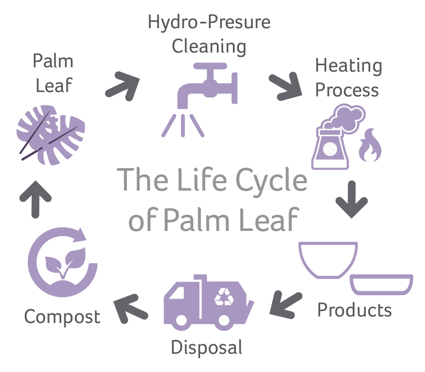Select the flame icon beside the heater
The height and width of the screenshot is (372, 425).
coord(369,146)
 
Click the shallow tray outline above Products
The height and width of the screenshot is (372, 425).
coord(382,284)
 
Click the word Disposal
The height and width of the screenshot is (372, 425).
coord(206,348)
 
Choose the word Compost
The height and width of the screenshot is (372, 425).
coord(62,317)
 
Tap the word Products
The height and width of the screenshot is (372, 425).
coord(354,310)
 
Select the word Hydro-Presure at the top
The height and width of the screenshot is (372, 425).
coord(209,22)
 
